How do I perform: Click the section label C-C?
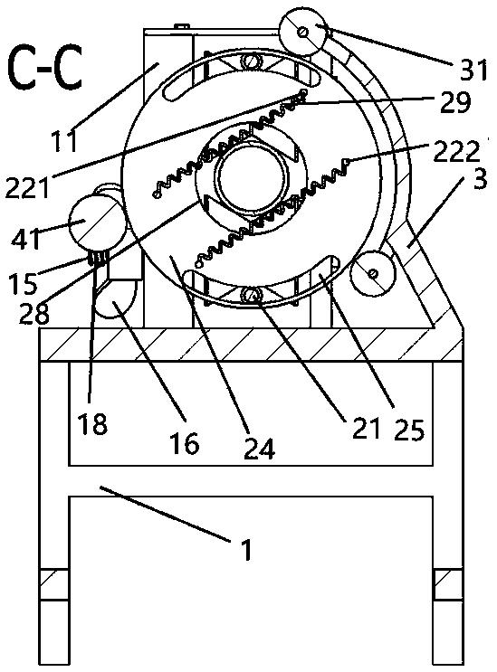pyautogui.click(x=45, y=69)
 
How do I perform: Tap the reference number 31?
pyautogui.click(x=473, y=70)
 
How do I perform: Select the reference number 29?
pyautogui.click(x=455, y=102)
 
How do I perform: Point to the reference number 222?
pyautogui.click(x=456, y=152)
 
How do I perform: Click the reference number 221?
pyautogui.click(x=27, y=188)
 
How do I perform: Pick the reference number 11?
pyautogui.click(x=65, y=141)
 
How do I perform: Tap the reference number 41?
pyautogui.click(x=25, y=239)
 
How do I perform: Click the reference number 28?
pyautogui.click(x=34, y=314)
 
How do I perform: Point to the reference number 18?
pyautogui.click(x=92, y=424)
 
